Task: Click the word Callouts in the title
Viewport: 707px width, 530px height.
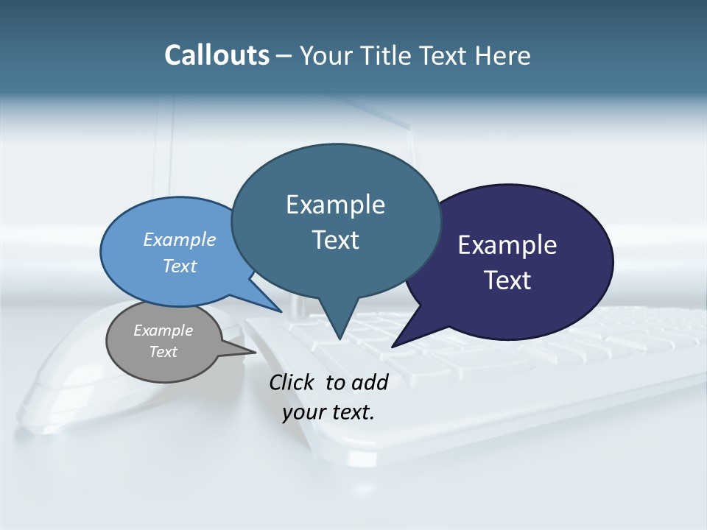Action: (217, 55)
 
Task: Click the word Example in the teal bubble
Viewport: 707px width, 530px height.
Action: (335, 205)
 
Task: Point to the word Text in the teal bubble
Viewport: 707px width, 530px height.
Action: (335, 240)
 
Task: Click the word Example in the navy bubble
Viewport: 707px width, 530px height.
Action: (507, 245)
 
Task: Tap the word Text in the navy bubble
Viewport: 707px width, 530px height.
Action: (507, 280)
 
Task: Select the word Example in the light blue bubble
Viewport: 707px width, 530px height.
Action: (180, 239)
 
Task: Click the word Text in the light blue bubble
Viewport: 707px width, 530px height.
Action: (180, 266)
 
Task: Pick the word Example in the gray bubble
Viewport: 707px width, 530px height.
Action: (163, 331)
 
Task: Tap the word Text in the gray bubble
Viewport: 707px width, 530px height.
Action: (163, 352)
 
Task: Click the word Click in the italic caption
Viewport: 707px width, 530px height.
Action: (292, 382)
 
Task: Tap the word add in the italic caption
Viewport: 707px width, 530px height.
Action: (369, 382)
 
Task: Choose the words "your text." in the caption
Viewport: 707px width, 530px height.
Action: (328, 412)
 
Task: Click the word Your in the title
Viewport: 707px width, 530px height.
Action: (327, 55)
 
